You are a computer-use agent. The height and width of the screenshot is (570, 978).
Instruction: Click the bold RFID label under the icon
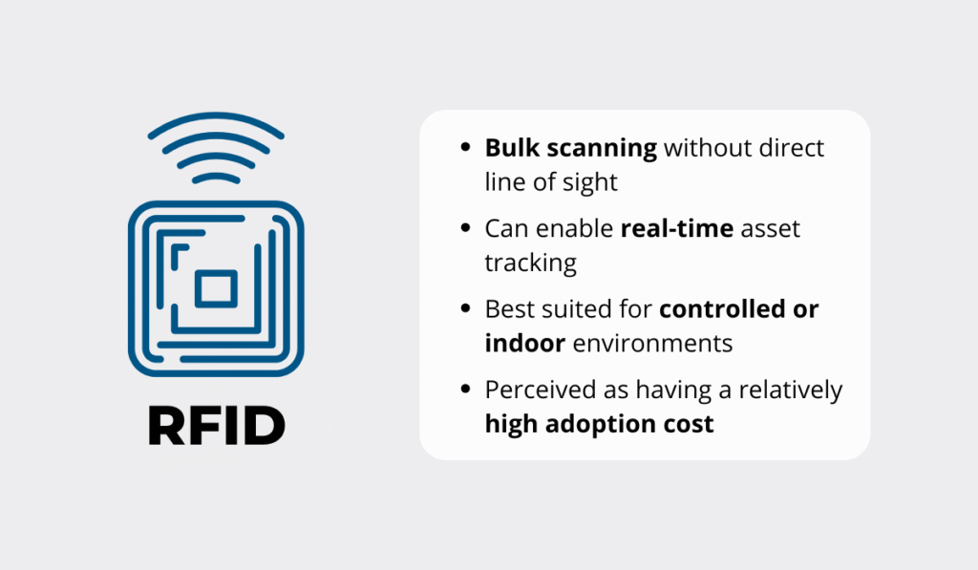pyautogui.click(x=216, y=427)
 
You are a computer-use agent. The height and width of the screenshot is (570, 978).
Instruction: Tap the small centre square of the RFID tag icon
pyautogui.click(x=216, y=288)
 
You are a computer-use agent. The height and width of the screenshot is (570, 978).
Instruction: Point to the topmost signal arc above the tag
pyautogui.click(x=216, y=123)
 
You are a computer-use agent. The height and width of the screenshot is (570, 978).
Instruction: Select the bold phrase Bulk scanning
pyautogui.click(x=570, y=148)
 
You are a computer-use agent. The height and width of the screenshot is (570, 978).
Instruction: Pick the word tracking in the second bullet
pyautogui.click(x=530, y=263)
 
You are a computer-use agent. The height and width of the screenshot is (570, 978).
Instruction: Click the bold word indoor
pyautogui.click(x=524, y=343)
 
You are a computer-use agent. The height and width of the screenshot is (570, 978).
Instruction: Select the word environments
pyautogui.click(x=652, y=343)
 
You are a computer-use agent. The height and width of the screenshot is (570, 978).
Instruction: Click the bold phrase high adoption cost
pyautogui.click(x=599, y=423)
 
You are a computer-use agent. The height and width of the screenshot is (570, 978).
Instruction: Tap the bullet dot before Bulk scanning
pyautogui.click(x=465, y=149)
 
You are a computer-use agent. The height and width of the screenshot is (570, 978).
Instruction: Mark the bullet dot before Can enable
pyautogui.click(x=465, y=230)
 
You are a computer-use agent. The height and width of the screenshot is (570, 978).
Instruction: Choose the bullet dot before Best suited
pyautogui.click(x=465, y=310)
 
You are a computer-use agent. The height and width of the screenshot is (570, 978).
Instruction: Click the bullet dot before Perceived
pyautogui.click(x=465, y=391)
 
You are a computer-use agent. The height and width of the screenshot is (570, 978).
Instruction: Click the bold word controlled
pyautogui.click(x=725, y=310)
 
